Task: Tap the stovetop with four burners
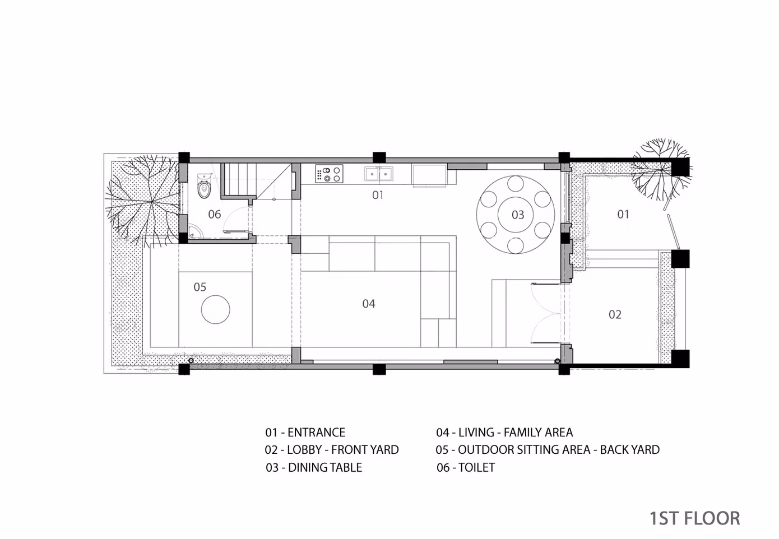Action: click(329, 174)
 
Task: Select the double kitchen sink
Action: click(379, 174)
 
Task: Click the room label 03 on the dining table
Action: click(518, 215)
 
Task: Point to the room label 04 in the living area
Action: click(369, 304)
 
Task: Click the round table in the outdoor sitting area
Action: click(216, 309)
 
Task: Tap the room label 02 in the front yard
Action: click(615, 315)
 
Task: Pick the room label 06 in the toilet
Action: click(215, 214)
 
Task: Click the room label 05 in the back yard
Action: click(200, 287)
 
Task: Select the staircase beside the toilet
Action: click(256, 181)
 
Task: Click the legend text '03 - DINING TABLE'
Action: click(314, 467)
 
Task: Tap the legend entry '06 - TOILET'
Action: click(466, 467)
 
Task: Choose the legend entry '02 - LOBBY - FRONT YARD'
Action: click(332, 449)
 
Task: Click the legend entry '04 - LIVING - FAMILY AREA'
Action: click(504, 432)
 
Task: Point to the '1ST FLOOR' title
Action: click(695, 518)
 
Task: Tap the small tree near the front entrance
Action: click(661, 169)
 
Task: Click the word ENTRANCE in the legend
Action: click(317, 432)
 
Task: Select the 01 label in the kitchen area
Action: click(378, 195)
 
